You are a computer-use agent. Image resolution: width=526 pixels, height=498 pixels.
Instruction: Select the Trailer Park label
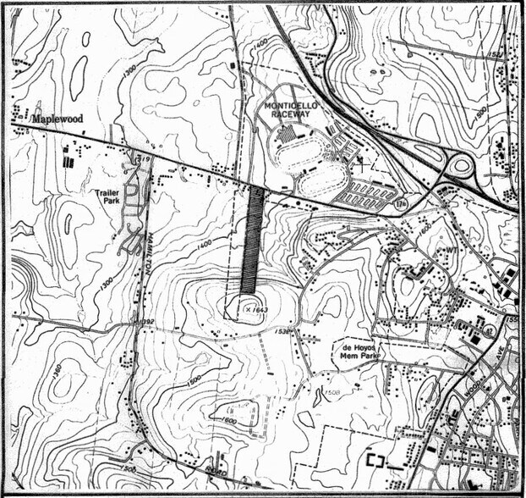[110, 197]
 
